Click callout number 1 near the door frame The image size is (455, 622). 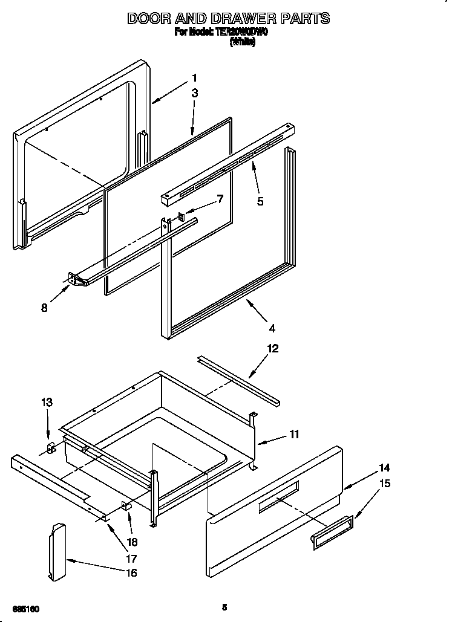194,77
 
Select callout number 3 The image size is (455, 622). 194,93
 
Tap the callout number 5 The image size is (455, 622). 260,202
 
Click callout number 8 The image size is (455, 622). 44,308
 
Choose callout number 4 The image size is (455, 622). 272,328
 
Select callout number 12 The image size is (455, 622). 273,348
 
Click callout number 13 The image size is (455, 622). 47,402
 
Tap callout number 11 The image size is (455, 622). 293,434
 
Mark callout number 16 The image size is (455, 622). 131,572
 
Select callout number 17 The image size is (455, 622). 131,559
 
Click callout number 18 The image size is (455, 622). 131,542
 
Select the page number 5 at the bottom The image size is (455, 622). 224,607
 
